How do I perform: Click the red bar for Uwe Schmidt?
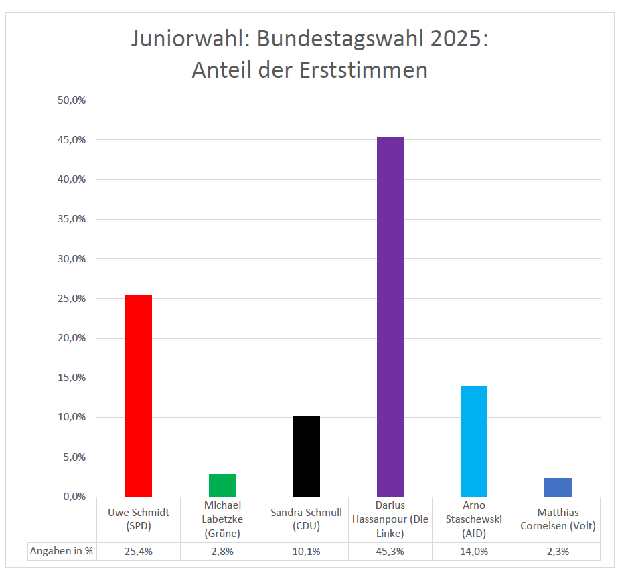coord(139,395)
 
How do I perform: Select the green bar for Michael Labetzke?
coord(222,485)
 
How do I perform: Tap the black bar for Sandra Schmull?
coord(306,456)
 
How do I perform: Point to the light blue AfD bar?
coord(474,440)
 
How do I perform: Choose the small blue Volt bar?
coord(558,487)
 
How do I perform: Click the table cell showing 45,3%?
coord(390,551)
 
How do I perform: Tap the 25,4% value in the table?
coord(139,551)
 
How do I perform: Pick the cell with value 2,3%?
coord(558,551)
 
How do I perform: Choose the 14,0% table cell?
coord(474,551)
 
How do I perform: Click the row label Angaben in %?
coord(61,551)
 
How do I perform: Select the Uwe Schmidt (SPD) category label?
coord(139,519)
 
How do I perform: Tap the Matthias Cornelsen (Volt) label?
coord(558,519)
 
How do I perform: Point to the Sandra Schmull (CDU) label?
coord(306,519)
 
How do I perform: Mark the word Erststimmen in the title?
coord(361,70)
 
